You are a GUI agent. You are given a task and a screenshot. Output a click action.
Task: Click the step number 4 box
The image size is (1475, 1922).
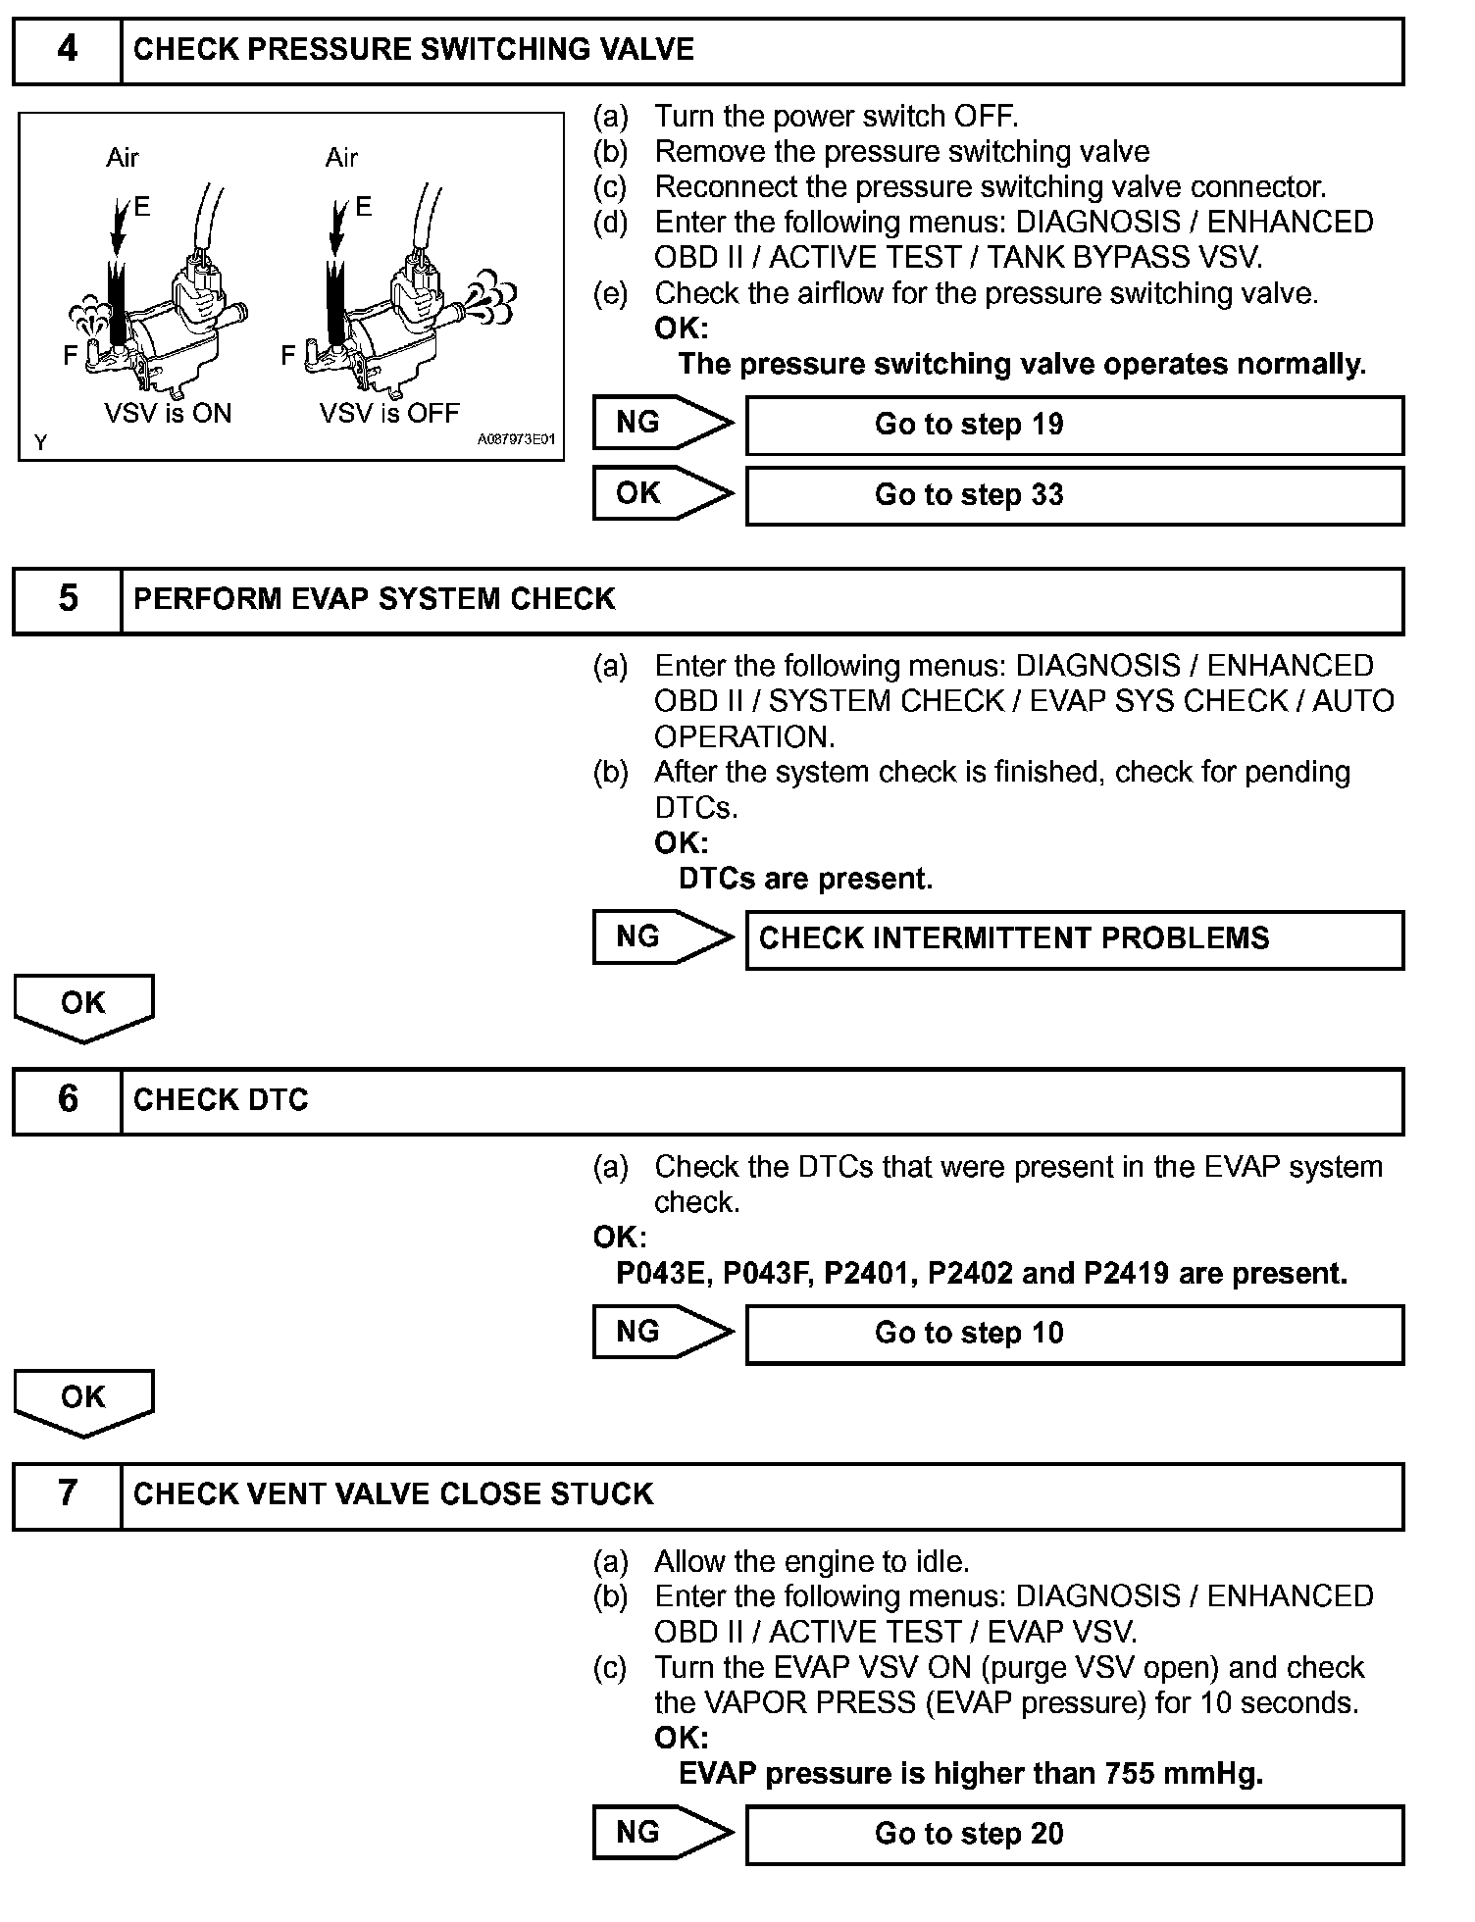[67, 50]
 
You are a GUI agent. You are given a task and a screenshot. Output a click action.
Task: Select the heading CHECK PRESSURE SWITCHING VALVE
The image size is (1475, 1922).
[413, 50]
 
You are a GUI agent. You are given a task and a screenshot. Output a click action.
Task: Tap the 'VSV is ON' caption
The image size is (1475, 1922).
[168, 413]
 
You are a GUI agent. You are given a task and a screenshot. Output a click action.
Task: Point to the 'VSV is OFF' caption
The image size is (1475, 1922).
[389, 413]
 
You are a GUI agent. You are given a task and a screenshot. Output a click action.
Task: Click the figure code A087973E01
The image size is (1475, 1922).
[516, 440]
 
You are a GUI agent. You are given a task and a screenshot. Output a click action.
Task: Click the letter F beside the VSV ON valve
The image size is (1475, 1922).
[70, 356]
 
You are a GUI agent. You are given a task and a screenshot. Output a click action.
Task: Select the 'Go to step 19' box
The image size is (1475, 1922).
[1074, 425]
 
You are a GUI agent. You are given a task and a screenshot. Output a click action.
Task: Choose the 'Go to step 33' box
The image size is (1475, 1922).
[1074, 495]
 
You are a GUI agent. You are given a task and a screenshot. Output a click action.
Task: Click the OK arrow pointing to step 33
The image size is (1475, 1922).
[662, 493]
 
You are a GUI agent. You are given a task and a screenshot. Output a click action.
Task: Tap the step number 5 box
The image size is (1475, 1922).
[67, 599]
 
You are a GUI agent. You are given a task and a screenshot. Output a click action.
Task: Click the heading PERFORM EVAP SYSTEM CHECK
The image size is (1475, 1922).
[374, 599]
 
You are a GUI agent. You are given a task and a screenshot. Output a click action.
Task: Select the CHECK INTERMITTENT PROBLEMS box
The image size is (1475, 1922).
[1074, 938]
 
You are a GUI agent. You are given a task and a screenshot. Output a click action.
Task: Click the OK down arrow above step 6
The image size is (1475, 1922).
[83, 1006]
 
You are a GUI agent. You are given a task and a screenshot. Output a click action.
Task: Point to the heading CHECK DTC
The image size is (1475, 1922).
[221, 1100]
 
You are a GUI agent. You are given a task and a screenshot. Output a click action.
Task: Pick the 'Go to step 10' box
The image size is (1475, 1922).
[1074, 1334]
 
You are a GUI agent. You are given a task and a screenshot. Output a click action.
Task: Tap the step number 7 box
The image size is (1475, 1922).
[67, 1494]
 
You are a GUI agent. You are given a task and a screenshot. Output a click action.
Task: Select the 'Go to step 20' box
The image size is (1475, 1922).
[1074, 1835]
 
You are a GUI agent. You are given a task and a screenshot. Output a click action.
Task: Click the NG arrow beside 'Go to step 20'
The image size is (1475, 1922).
[662, 1833]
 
